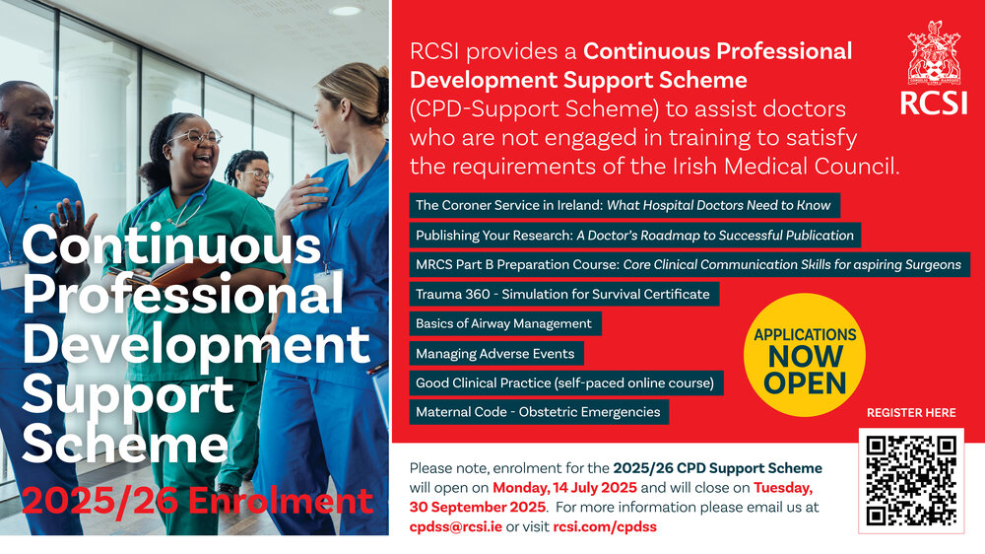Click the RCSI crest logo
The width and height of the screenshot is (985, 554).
pyautogui.click(x=934, y=68)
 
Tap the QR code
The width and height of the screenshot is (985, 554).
pyautogui.click(x=911, y=481)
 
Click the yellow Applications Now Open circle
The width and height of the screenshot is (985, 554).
pyautogui.click(x=805, y=355)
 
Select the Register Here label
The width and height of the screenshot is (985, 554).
pyautogui.click(x=911, y=413)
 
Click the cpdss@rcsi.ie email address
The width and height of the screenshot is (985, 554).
pyautogui.click(x=455, y=527)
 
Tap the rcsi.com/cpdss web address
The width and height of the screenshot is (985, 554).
pyautogui.click(x=605, y=527)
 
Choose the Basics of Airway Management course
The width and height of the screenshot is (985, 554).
pyautogui.click(x=505, y=324)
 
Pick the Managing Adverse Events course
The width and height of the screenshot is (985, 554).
pyautogui.click(x=496, y=354)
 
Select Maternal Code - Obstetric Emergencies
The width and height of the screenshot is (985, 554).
pyautogui.click(x=539, y=412)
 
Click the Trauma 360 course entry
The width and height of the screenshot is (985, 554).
pyautogui.click(x=564, y=295)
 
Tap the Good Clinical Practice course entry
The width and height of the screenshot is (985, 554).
pyautogui.click(x=566, y=382)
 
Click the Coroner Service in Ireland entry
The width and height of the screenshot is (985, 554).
pyautogui.click(x=624, y=206)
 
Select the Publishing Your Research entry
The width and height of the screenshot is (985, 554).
pyautogui.click(x=635, y=236)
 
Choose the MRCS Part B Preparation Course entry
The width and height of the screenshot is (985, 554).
pyautogui.click(x=689, y=265)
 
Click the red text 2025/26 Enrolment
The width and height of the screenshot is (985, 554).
pyautogui.click(x=197, y=501)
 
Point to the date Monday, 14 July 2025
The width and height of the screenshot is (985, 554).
pyautogui.click(x=564, y=488)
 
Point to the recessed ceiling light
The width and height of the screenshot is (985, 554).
pyautogui.click(x=345, y=11)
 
